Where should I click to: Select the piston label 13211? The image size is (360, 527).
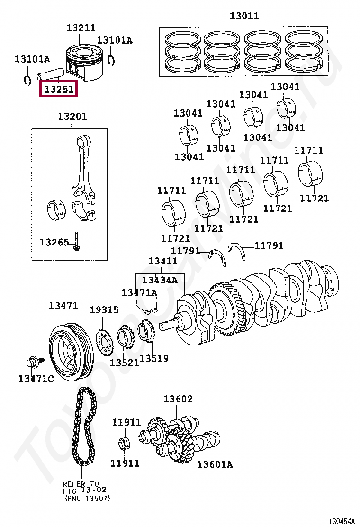(81, 28)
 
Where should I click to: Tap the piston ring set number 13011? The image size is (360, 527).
(244, 16)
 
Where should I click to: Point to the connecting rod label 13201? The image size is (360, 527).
(72, 117)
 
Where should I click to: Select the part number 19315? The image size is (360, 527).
(104, 310)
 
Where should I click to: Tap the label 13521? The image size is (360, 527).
(124, 363)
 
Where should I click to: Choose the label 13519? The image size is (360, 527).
(154, 359)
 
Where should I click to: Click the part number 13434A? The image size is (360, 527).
(160, 280)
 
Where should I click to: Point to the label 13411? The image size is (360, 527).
(163, 261)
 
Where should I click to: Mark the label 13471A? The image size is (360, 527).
(139, 292)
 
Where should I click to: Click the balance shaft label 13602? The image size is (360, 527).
(178, 399)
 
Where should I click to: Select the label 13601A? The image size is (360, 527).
(215, 464)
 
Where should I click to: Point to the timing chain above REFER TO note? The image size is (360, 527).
(84, 427)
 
